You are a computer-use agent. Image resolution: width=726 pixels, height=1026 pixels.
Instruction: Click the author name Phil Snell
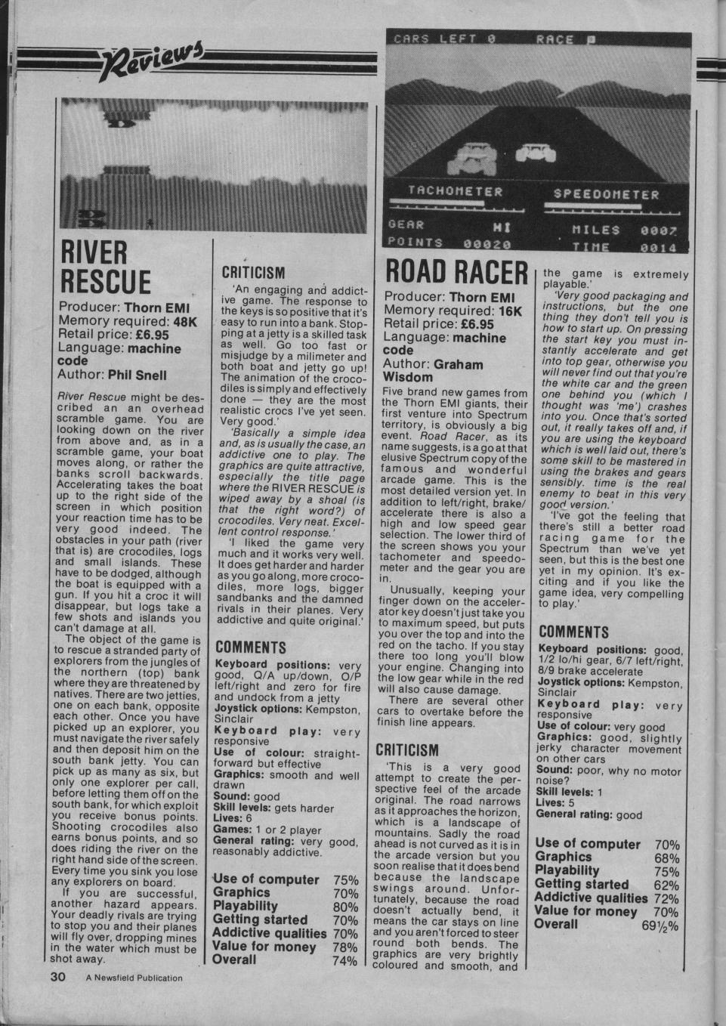click(137, 375)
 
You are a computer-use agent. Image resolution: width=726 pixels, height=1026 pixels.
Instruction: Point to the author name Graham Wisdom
click(434, 369)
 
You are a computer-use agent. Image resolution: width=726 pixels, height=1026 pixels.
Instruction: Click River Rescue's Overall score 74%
click(344, 961)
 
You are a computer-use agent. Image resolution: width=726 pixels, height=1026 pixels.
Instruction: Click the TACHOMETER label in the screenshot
click(456, 192)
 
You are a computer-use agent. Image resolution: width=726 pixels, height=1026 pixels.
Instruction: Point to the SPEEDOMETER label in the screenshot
click(606, 194)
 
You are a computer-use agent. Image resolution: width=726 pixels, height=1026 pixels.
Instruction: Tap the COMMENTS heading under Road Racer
click(573, 632)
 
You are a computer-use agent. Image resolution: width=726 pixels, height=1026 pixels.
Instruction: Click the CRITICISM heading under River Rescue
click(253, 273)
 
